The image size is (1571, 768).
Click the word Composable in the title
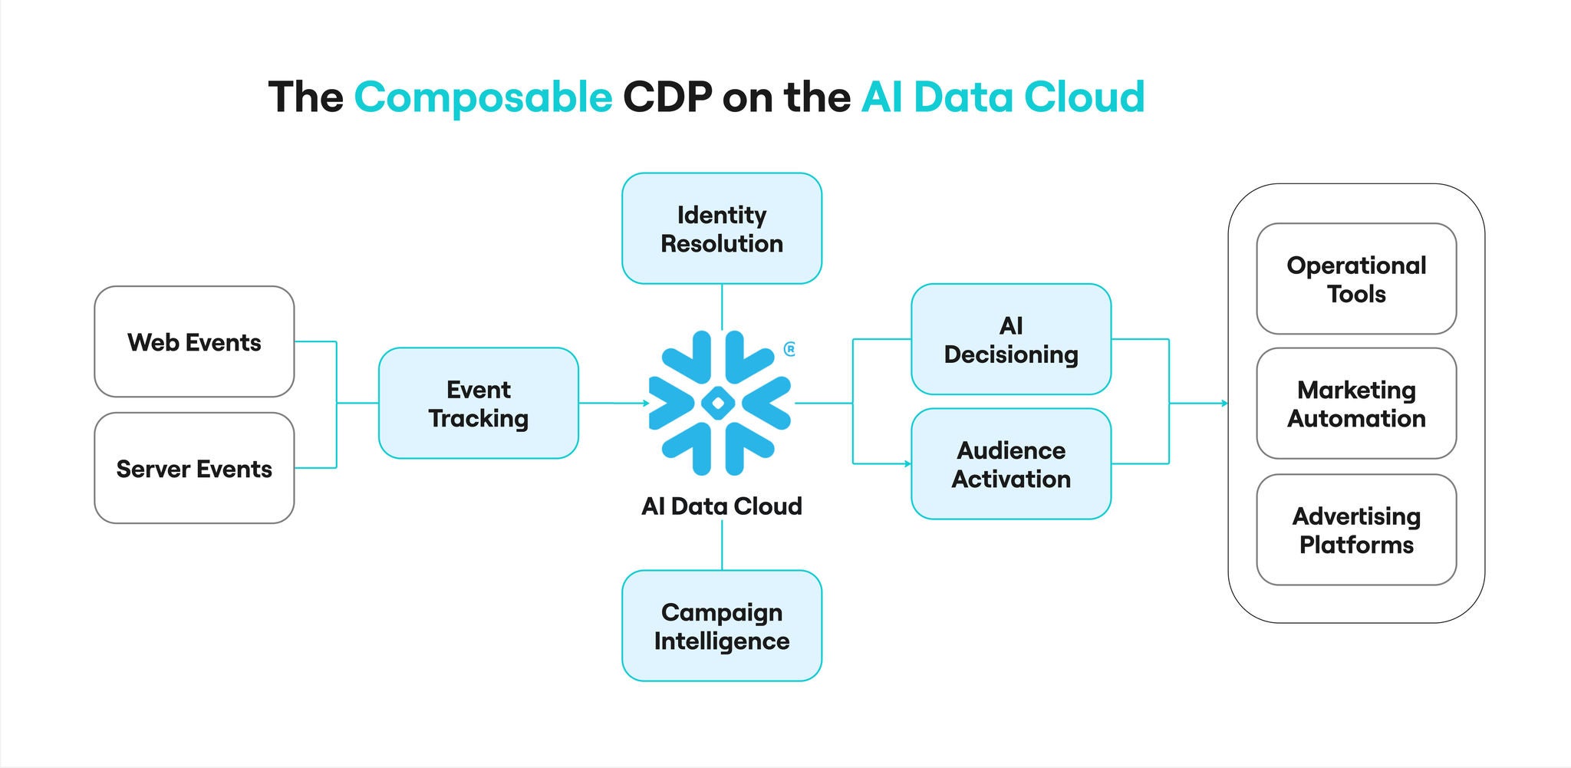pos(482,97)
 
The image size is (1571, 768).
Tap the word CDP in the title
pos(667,97)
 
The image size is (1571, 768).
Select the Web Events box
pos(194,342)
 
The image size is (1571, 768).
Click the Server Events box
pos(194,469)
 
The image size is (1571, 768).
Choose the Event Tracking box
pos(478,404)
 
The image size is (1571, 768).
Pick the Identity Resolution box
pos(721,229)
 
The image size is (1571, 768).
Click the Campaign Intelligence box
pos(721,626)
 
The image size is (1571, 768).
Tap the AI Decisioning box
pos(1010,340)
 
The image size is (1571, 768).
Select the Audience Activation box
pos(1010,464)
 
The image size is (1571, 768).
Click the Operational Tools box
pos(1355,279)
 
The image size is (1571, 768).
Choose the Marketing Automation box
pos(1355,404)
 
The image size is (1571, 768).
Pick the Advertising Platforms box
pos(1355,530)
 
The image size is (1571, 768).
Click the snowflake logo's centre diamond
pos(719,403)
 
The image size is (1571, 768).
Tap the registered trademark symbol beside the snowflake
pos(789,349)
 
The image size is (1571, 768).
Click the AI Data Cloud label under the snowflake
pos(721,506)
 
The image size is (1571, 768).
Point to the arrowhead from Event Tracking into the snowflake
pos(645,403)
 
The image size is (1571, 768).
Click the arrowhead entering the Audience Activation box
pos(907,463)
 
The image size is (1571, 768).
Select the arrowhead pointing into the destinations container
pos(1224,403)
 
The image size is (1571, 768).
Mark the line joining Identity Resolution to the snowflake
pos(722,307)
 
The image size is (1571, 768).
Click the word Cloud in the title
pos(1083,97)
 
